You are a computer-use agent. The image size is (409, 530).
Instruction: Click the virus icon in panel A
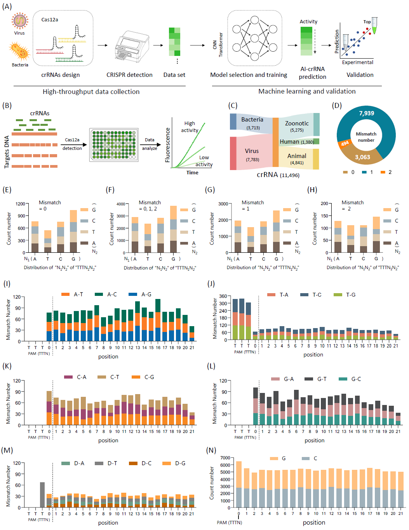19,21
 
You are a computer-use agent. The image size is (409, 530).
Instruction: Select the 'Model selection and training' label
249,75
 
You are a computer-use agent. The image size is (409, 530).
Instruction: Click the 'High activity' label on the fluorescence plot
190,127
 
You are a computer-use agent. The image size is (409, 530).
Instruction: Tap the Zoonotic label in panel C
297,123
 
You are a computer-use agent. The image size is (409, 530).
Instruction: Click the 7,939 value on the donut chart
366,113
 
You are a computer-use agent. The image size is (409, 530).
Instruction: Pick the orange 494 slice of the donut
345,144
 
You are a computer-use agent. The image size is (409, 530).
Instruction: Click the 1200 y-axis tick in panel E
20,204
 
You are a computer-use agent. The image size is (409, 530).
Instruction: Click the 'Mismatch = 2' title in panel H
352,205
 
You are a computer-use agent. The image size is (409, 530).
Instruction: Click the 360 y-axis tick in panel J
223,296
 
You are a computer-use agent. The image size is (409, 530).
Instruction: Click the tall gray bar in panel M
42,495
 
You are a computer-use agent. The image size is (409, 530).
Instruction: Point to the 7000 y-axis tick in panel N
225,458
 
